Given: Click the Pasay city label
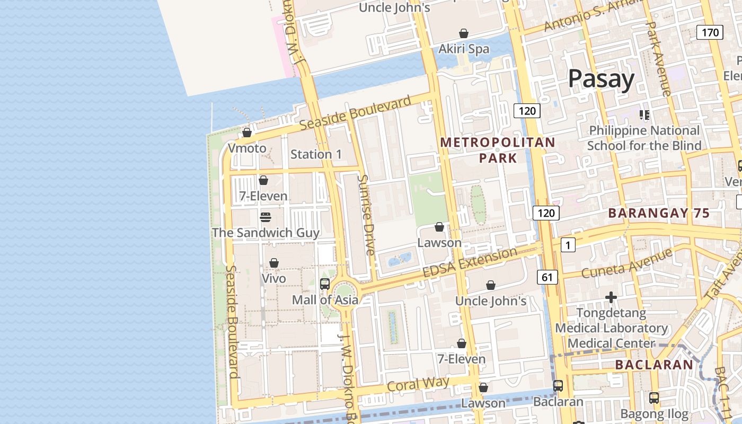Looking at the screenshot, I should tap(601, 79).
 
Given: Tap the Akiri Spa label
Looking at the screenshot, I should tap(464, 49).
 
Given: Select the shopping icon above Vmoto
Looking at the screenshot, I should tap(247, 132).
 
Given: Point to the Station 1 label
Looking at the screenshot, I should tap(316, 154).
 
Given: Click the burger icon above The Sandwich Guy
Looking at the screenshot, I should tap(266, 217).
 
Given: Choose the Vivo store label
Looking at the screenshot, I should tap(273, 278).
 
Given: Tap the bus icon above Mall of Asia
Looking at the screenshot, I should tap(325, 284).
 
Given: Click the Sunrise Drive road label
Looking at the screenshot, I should tap(366, 215).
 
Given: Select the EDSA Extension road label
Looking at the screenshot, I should tap(470, 262).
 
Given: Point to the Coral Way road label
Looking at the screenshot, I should tap(418, 384).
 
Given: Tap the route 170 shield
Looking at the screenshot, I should tap(710, 32).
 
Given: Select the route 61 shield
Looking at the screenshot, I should tap(547, 277).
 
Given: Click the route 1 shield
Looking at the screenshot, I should tap(568, 245).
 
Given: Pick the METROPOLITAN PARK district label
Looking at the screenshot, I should tap(498, 150).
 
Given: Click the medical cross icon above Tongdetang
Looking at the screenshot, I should tap(611, 297).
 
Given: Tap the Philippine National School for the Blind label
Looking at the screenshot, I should tap(644, 138).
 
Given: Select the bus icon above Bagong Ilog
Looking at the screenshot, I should tap(654, 397).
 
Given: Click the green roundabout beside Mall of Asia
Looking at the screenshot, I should tap(343, 293).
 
